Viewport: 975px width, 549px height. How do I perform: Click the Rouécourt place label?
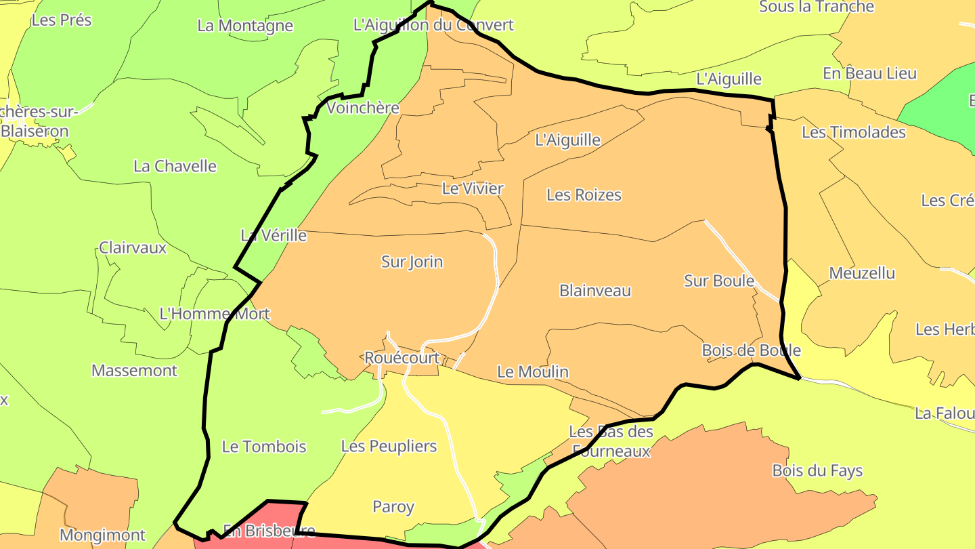coord(402,358)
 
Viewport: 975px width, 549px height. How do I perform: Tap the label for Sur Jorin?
coord(412,262)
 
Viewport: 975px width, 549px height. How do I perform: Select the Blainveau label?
coord(594,291)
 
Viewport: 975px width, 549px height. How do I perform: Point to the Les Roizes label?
coord(584,195)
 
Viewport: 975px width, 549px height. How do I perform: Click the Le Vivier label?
coord(473,188)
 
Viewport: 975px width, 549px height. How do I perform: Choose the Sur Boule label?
coord(718,281)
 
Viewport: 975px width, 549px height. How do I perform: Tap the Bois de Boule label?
coord(751,350)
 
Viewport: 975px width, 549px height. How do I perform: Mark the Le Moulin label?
coord(532,372)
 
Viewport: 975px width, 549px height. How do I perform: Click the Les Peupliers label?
coord(389,446)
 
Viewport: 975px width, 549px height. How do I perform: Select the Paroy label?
coord(393,507)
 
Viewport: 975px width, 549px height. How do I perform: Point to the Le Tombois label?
coord(264,447)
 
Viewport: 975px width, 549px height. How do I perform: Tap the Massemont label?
coord(134,371)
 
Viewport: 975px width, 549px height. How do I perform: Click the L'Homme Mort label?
coord(214,314)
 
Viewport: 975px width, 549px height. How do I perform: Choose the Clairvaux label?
coord(133,247)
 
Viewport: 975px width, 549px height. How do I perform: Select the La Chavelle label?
coord(175,166)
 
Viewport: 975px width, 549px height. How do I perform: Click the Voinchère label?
coord(362,108)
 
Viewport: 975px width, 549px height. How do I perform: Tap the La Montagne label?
coord(245,26)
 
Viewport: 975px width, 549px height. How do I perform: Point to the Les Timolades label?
coord(853,132)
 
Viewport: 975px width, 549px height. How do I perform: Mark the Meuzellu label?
coord(862,273)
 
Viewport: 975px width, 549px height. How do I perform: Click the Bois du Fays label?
coord(817,470)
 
